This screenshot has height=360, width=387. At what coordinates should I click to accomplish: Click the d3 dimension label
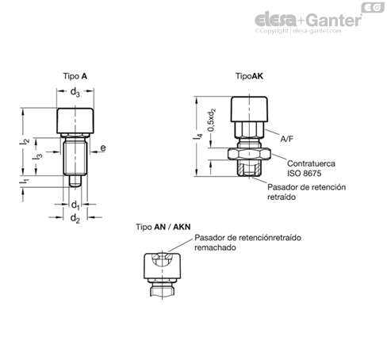pos(75,92)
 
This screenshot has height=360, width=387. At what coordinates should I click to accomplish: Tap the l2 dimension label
pos(25,141)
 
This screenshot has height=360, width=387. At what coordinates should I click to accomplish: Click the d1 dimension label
pos(75,205)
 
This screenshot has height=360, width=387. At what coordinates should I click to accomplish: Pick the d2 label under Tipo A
pos(75,218)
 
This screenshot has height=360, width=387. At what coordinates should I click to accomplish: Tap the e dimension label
pos(103,147)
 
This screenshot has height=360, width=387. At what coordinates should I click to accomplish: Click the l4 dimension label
pos(198,136)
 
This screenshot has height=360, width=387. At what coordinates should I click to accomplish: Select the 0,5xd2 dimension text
pos(212,120)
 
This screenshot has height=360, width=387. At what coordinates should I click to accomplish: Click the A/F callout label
pos(287,139)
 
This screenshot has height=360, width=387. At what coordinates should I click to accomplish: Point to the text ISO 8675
pos(305,174)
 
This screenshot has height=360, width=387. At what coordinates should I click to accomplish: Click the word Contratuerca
pos(311,163)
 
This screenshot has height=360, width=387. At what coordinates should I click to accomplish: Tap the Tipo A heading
pos(75,76)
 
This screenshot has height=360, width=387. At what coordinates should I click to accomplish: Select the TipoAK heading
pos(249,76)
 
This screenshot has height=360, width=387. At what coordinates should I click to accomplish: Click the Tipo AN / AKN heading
pos(163,227)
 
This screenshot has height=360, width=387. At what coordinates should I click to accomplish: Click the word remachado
pos(215,247)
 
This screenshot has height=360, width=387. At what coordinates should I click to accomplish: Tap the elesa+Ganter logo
pos(308,21)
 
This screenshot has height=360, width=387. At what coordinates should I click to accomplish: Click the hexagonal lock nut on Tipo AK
pos(249,154)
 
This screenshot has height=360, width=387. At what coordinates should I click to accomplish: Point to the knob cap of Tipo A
pos(75,121)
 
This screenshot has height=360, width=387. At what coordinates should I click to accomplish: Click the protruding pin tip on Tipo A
pos(75,181)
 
